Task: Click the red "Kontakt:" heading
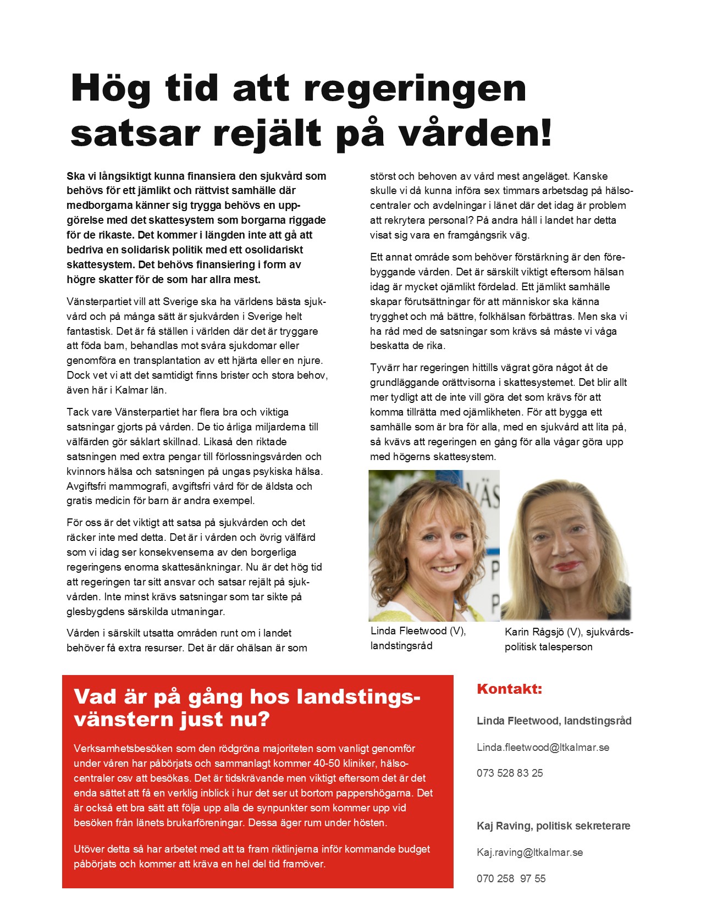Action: (x=509, y=689)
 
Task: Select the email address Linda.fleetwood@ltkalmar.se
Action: (x=543, y=747)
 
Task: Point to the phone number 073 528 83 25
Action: (x=510, y=773)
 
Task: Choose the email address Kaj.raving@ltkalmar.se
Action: (x=529, y=852)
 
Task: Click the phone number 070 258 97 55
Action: (x=511, y=878)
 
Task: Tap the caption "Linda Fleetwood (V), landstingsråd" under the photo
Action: (x=418, y=638)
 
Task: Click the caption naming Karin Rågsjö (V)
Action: (x=568, y=639)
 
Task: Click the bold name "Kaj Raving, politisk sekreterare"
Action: (x=553, y=826)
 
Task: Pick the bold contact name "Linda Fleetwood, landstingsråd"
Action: (x=554, y=721)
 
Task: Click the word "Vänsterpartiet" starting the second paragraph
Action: (x=99, y=302)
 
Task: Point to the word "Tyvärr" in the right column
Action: (x=385, y=367)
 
